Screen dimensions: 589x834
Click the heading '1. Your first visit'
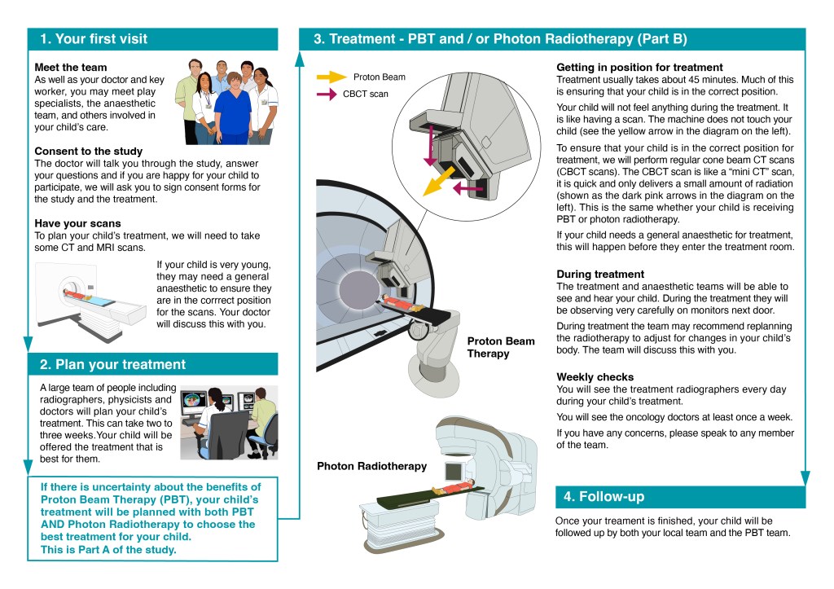point(93,39)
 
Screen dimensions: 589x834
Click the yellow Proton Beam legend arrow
point(331,77)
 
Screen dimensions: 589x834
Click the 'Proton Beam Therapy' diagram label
point(500,347)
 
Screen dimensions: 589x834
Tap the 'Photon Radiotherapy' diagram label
point(371,466)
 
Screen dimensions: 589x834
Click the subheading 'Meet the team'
point(70,67)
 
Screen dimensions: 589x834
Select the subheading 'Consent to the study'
point(88,151)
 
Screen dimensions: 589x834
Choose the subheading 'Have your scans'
point(77,222)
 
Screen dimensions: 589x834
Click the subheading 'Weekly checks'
point(595,377)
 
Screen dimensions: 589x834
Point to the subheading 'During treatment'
point(600,275)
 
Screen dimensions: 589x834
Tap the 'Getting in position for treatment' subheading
point(639,67)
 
